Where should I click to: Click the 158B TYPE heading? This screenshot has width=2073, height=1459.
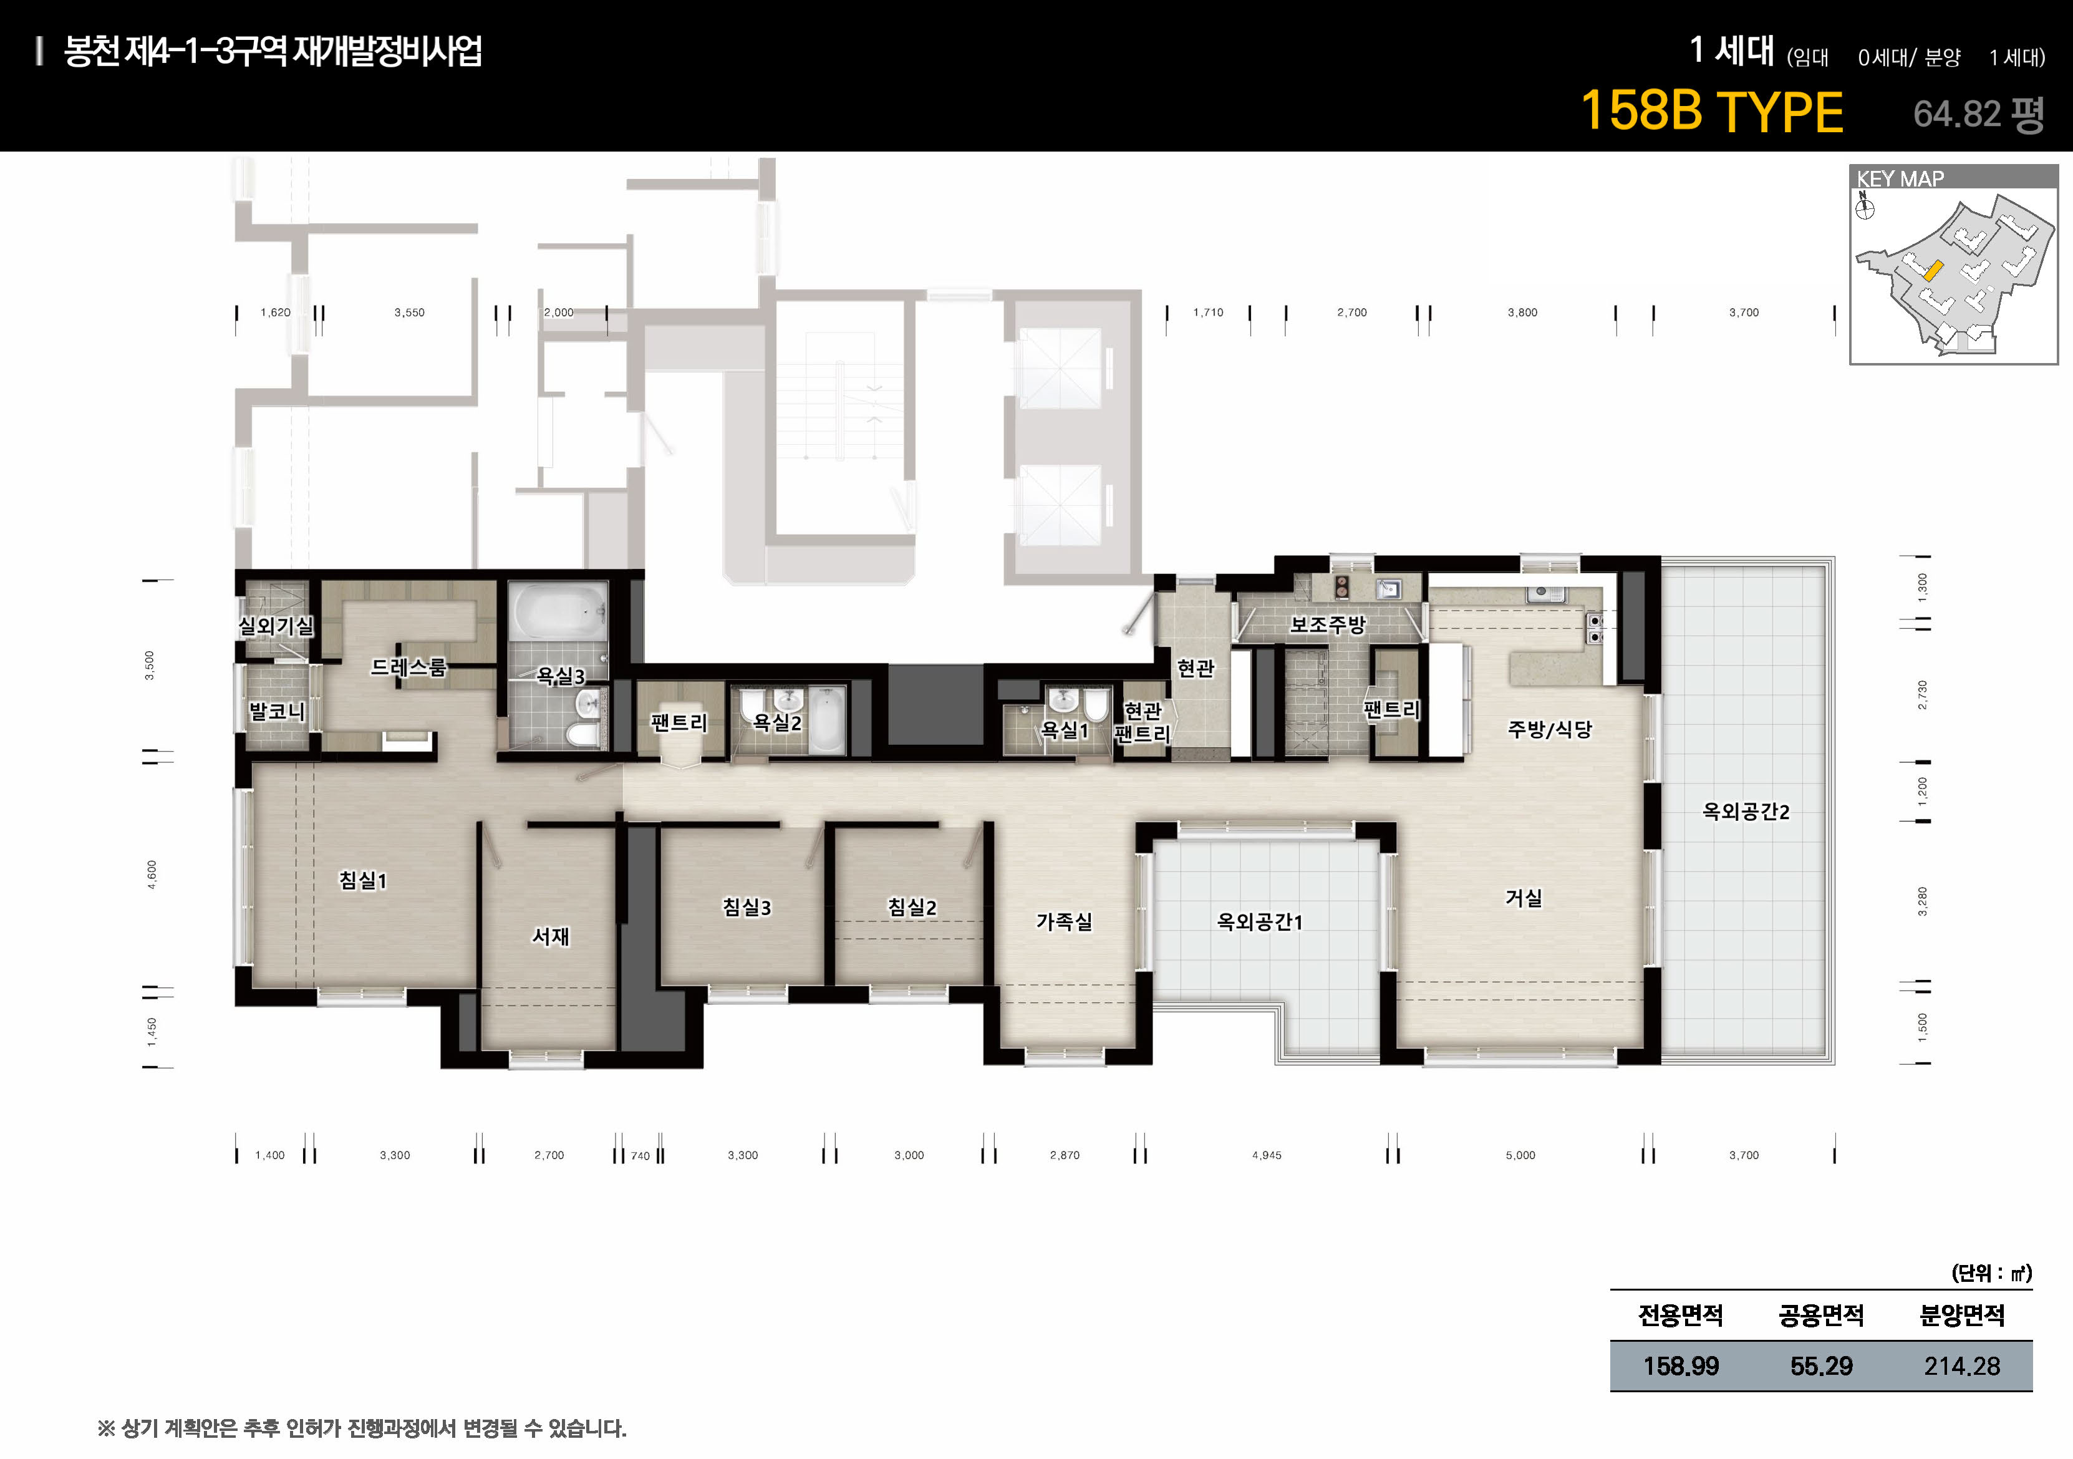coord(1712,112)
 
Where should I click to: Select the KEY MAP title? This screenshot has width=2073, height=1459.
coord(1900,179)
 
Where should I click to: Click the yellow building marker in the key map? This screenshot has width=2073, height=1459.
coord(1932,270)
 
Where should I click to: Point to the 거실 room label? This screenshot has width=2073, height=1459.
coord(1523,898)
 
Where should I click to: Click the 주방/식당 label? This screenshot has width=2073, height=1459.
coord(1549,730)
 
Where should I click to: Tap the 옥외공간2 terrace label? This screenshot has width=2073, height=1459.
coord(1745,812)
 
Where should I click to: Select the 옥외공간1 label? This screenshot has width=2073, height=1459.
coord(1260,922)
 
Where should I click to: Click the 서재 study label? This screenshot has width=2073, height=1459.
coord(551,936)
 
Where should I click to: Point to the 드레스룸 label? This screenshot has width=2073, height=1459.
coord(408,667)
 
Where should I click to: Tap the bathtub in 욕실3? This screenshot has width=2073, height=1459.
coord(558,611)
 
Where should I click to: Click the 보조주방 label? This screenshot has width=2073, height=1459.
coord(1327,624)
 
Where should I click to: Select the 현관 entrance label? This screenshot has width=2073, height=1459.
coord(1196,668)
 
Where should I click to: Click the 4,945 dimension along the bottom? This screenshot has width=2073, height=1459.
coord(1266,1155)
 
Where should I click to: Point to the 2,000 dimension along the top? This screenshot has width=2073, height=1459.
coord(559,313)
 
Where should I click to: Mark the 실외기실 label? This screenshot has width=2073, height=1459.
coord(276,625)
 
